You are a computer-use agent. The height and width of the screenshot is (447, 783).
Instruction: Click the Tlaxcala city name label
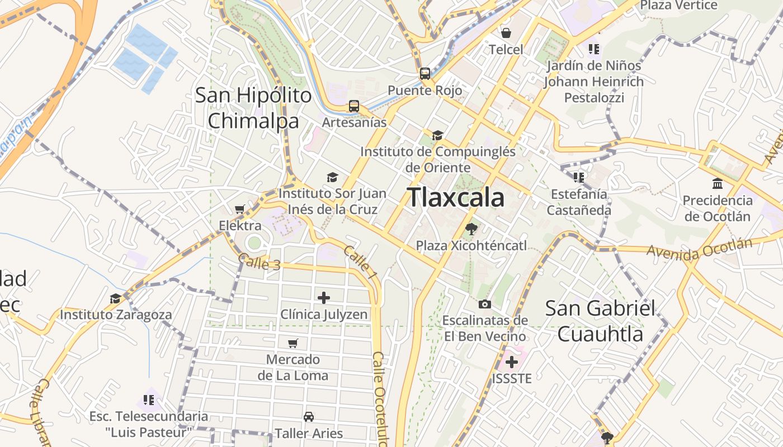[455, 197]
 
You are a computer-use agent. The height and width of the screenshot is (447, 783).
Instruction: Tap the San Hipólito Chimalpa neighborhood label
[253, 108]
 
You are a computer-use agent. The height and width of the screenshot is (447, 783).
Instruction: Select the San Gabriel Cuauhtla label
[600, 321]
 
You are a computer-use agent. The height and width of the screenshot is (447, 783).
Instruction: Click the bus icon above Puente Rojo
[425, 74]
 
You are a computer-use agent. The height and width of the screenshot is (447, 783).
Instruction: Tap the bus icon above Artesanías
[353, 106]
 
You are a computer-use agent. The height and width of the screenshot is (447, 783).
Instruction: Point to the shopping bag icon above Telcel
[506, 33]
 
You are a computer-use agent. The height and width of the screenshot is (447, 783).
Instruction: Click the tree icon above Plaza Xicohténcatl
[471, 229]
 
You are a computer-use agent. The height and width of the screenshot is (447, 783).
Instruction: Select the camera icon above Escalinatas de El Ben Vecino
[485, 304]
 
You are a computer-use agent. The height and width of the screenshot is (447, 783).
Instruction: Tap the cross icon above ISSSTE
[511, 362]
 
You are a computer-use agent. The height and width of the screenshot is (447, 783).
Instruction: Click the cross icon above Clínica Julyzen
[324, 298]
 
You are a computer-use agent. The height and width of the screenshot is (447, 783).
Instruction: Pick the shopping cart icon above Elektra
[240, 209]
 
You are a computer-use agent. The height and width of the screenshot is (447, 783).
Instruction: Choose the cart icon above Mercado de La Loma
[293, 343]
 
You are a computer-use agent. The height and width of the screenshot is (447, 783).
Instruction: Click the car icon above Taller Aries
[308, 416]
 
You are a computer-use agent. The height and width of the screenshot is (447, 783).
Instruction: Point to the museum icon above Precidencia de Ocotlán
[717, 183]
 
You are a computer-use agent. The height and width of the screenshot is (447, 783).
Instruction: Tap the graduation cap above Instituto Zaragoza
[115, 298]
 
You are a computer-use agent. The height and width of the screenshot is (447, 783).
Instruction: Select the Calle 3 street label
[259, 262]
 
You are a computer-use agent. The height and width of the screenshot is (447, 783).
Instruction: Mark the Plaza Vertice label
[678, 6]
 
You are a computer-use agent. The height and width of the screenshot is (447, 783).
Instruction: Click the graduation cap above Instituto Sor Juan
[333, 177]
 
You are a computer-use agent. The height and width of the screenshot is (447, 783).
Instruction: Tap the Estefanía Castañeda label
[579, 202]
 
